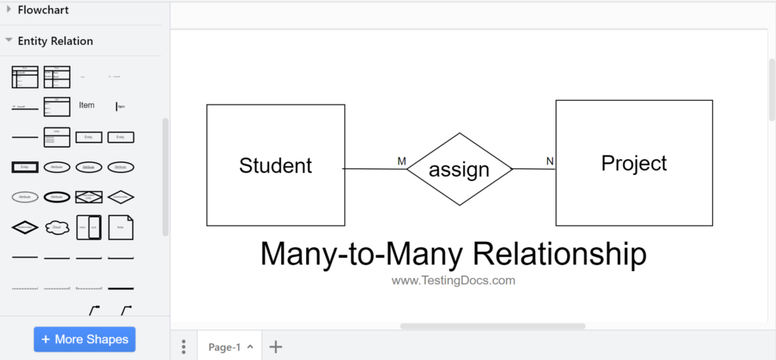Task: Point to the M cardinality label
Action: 402,161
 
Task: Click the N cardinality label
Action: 550,161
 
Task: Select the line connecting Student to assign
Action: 374,168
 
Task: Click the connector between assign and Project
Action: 533,169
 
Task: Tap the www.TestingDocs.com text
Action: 453,280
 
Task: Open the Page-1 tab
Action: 225,347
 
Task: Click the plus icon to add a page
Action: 276,347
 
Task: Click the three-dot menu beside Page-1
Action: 183,347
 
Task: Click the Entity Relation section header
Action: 55,41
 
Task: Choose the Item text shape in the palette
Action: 86,105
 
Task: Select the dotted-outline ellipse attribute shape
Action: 25,196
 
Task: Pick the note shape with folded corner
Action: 121,227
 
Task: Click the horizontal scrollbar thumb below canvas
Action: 493,327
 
